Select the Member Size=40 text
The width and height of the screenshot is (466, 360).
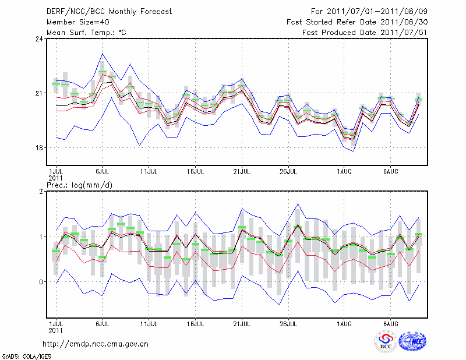click(x=73, y=22)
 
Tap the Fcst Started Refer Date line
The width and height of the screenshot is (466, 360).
click(x=357, y=22)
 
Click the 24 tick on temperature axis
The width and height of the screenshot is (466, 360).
click(x=38, y=39)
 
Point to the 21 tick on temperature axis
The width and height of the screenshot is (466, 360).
click(x=38, y=93)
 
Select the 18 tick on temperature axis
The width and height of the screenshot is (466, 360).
click(x=38, y=147)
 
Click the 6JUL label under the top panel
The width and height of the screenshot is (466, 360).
click(x=103, y=172)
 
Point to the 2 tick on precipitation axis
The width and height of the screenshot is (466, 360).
click(x=41, y=192)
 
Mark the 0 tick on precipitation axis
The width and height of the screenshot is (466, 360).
click(x=41, y=282)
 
